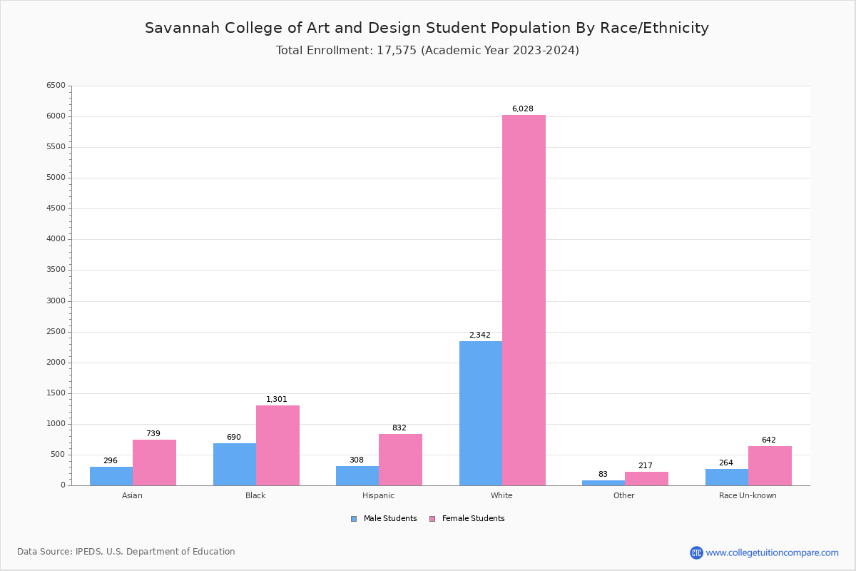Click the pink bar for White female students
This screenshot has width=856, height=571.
pyautogui.click(x=524, y=300)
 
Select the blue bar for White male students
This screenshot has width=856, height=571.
pyautogui.click(x=480, y=413)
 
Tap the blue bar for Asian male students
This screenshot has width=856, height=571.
pyautogui.click(x=111, y=476)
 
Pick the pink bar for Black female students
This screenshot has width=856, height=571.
pyautogui.click(x=277, y=445)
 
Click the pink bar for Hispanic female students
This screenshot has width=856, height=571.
pyautogui.click(x=400, y=460)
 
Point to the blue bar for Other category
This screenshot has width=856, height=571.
pyautogui.click(x=603, y=483)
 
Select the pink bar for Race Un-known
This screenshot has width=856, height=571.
pyautogui.click(x=770, y=465)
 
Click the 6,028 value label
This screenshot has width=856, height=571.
pyautogui.click(x=522, y=109)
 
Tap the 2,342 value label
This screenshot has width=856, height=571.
pyautogui.click(x=479, y=335)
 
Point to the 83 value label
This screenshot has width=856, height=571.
pyautogui.click(x=603, y=475)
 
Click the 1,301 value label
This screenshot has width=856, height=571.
pyautogui.click(x=277, y=400)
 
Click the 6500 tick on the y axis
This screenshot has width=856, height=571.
pyautogui.click(x=56, y=86)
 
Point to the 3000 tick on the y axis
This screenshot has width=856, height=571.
pyautogui.click(x=56, y=301)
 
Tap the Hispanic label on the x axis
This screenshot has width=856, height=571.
pyautogui.click(x=378, y=495)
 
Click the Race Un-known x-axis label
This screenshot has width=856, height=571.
pyautogui.click(x=748, y=495)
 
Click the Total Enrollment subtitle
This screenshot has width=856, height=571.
pyautogui.click(x=427, y=51)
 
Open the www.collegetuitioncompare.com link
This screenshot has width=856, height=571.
pyautogui.click(x=772, y=552)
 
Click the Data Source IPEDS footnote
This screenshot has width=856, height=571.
pyautogui.click(x=126, y=552)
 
